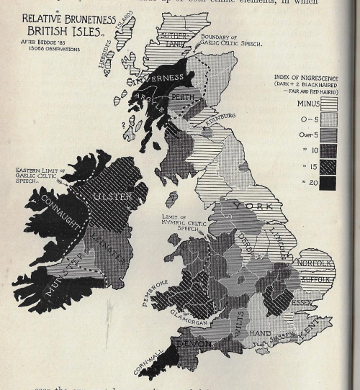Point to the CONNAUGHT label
[x=61, y=214]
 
